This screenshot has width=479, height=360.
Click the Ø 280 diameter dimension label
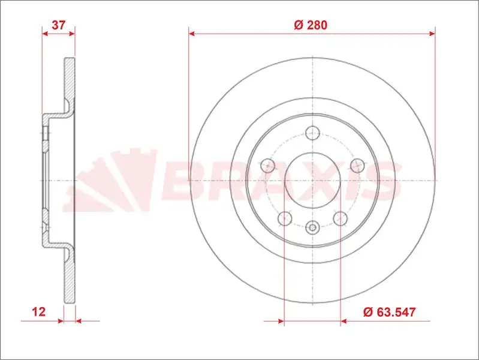(x=311, y=25)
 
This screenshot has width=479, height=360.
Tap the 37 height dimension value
(x=58, y=25)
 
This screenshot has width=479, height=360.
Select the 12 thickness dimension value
(x=39, y=311)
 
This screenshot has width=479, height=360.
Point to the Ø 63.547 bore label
(x=390, y=312)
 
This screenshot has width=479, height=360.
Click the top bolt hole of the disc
(x=312, y=133)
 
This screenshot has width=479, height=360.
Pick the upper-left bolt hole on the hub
(x=268, y=166)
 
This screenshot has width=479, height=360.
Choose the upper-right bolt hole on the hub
(x=357, y=166)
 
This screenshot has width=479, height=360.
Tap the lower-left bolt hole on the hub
(x=285, y=218)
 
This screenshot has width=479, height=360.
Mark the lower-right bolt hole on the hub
(x=341, y=218)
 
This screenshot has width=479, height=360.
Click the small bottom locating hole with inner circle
(x=312, y=227)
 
